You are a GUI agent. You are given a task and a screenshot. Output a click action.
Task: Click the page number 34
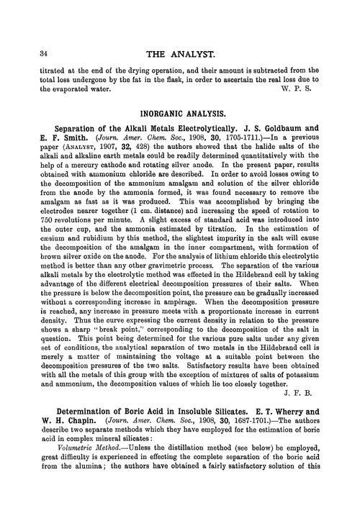coord(29,55)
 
